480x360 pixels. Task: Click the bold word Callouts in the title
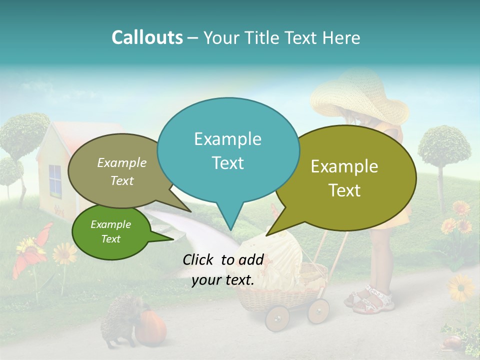pos(147,37)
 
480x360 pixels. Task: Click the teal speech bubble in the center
pos(228,150)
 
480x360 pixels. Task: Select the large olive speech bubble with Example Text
pos(345,178)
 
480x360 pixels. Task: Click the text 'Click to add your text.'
pos(223,270)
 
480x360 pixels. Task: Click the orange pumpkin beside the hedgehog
pos(151,327)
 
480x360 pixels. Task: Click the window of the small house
pos(55,180)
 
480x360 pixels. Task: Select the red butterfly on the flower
pos(32,250)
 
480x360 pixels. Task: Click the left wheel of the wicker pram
pos(277,318)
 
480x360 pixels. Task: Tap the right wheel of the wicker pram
pos(318,310)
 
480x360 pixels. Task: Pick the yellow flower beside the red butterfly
pos(64,253)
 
